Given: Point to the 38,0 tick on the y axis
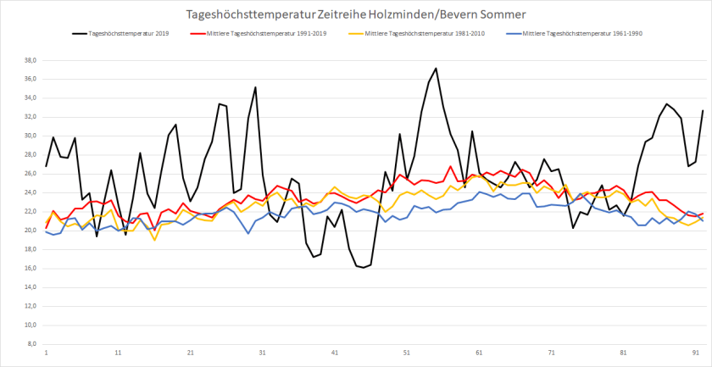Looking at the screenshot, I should (29, 60).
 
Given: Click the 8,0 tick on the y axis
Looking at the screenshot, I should (31, 344).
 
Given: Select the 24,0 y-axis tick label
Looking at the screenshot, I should (29, 192).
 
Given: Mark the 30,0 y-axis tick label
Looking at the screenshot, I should (29, 136).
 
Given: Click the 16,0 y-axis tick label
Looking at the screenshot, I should (29, 269).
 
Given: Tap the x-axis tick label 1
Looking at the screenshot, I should (46, 352).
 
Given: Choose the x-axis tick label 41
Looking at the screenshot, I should (335, 352).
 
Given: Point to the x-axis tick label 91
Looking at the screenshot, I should (696, 352).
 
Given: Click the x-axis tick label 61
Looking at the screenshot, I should (480, 352).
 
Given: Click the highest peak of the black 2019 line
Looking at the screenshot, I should (436, 69).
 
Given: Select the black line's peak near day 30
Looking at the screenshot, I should (255, 87).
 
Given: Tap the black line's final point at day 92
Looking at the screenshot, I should (703, 110).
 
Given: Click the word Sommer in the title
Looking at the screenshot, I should (501, 15).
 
